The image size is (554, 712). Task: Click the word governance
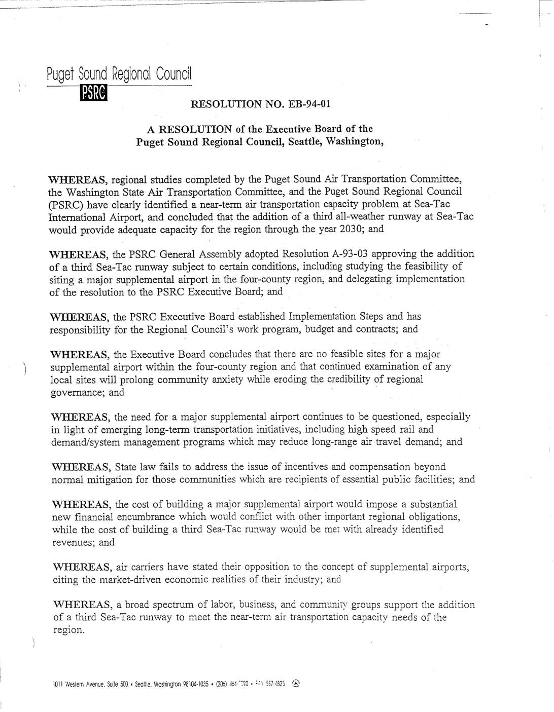77,392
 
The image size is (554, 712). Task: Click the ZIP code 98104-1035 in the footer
193,684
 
